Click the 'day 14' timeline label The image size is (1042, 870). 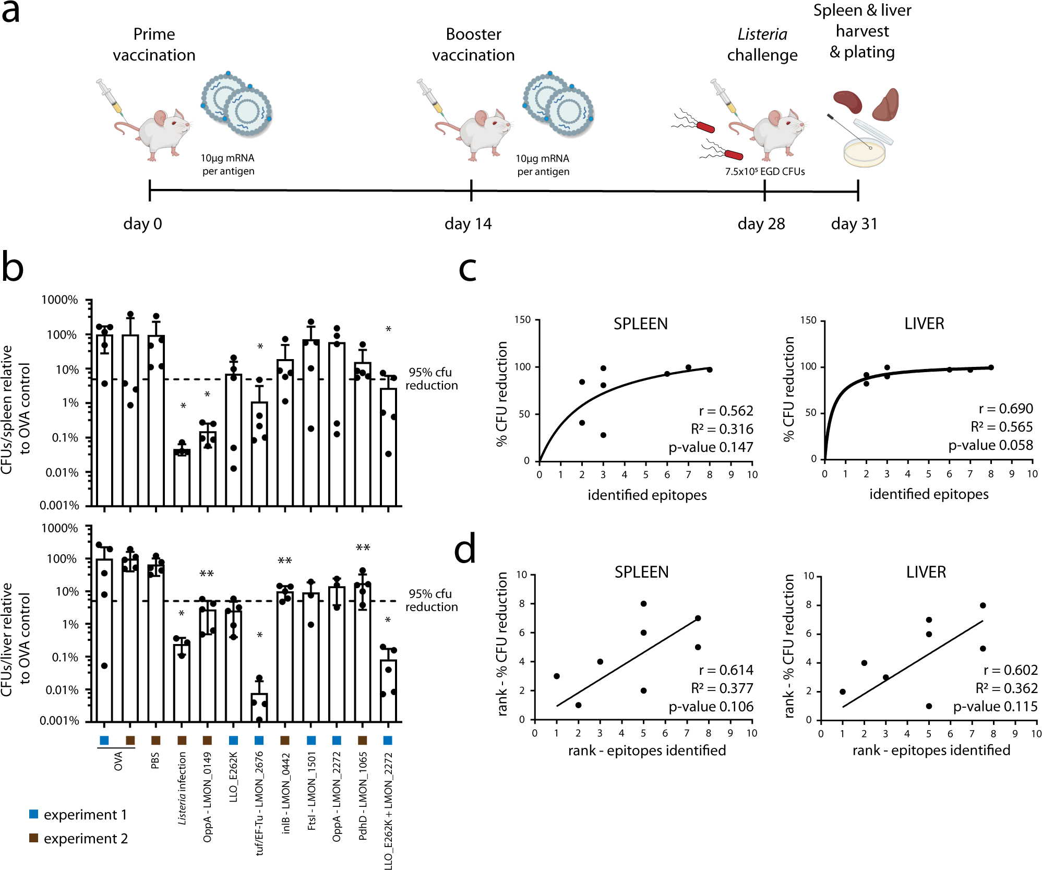coord(468,224)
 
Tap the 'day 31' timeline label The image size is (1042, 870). coord(854,224)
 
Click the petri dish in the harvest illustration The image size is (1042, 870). coord(864,152)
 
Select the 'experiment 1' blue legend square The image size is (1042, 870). coord(34,814)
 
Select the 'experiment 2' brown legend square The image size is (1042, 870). coord(34,838)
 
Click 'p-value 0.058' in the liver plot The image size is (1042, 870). coord(990,445)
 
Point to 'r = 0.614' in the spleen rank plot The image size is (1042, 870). coord(726,670)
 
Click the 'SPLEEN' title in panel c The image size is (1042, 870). coord(640,324)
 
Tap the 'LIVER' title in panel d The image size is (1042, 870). coord(926,572)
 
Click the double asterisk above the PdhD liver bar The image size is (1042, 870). coord(363,548)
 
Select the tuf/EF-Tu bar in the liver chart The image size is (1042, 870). coord(259,707)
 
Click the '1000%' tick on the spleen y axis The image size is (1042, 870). coord(59,300)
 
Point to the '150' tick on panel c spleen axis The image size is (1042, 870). coord(522,319)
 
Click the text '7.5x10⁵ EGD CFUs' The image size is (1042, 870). coord(764,172)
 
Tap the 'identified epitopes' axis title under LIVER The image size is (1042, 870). coord(928,494)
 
